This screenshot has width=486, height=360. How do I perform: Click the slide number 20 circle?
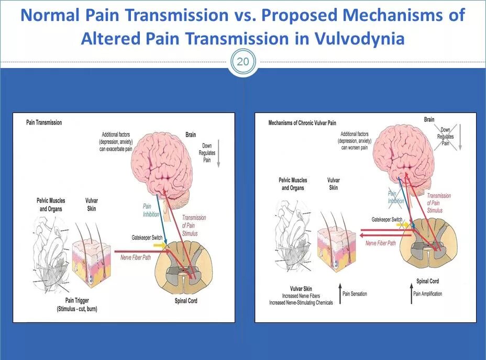pyautogui.click(x=243, y=62)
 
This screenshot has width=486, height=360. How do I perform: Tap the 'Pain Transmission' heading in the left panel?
pyautogui.click(x=44, y=122)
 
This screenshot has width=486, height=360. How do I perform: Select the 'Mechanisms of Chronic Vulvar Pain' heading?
pyautogui.click(x=302, y=123)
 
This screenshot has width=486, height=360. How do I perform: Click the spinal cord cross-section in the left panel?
pyautogui.click(x=185, y=267)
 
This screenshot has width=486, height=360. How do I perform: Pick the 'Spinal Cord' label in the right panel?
pyautogui.click(x=427, y=281)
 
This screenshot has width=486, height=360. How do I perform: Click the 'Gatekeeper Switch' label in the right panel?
pyautogui.click(x=387, y=219)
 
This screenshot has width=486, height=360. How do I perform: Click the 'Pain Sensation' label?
pyautogui.click(x=355, y=294)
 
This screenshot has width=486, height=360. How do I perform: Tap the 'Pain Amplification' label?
pyautogui.click(x=427, y=294)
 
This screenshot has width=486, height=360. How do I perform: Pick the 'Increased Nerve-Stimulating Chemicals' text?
pyautogui.click(x=301, y=302)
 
